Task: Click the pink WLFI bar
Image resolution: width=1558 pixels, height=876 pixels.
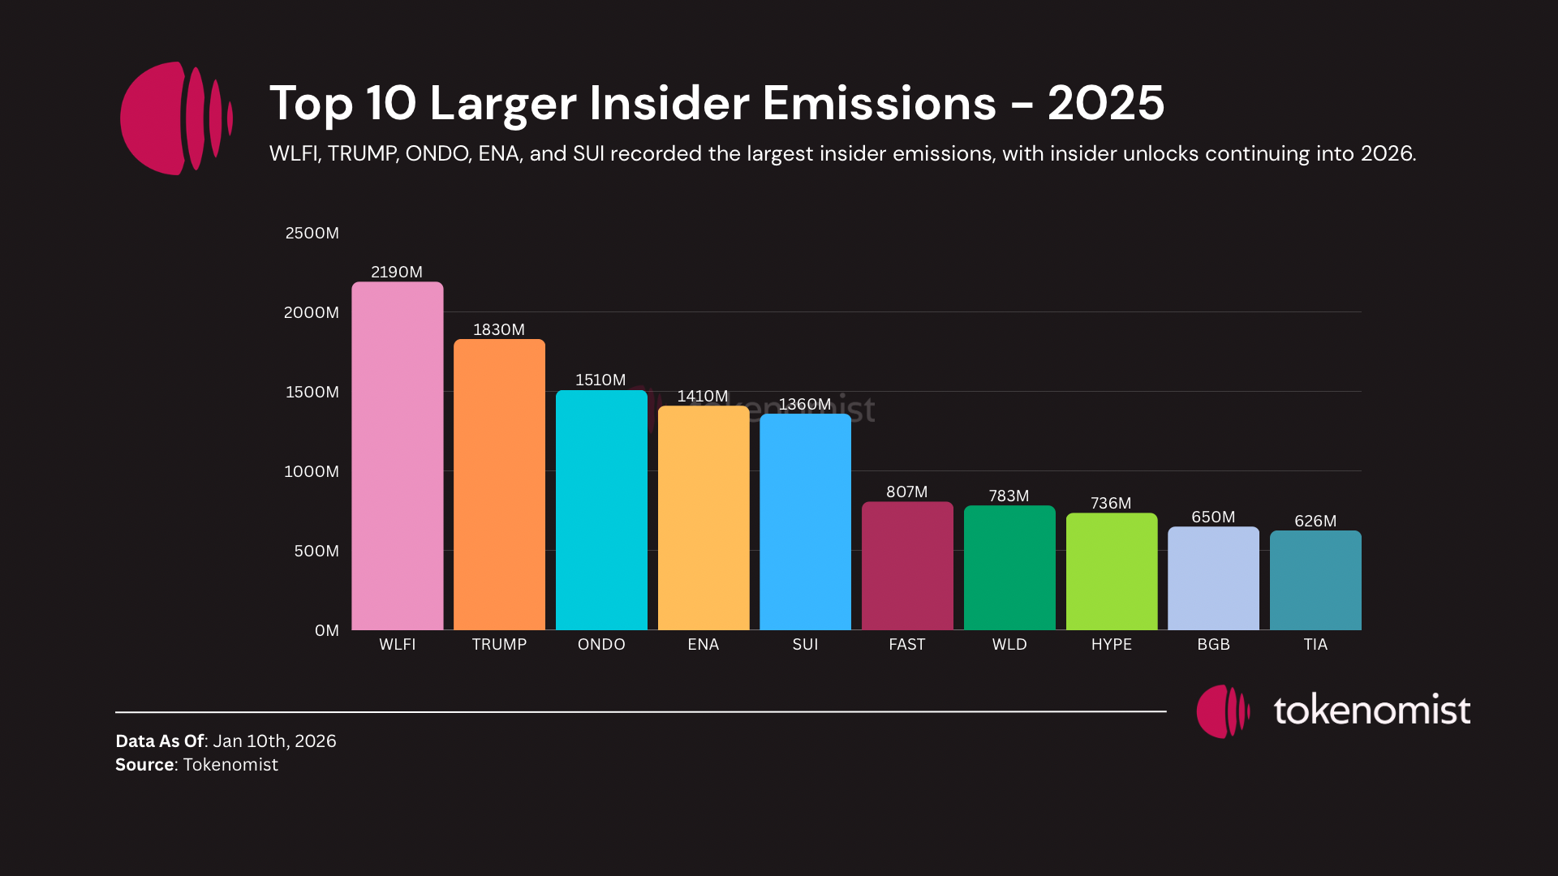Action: [397, 456]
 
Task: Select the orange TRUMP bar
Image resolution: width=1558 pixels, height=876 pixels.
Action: [499, 484]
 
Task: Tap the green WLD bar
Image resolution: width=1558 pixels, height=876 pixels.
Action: [1009, 568]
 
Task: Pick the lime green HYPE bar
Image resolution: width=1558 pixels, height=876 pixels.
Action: [1112, 571]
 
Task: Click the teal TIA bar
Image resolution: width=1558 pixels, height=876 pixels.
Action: [1315, 580]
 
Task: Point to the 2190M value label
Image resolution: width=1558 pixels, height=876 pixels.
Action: [397, 272]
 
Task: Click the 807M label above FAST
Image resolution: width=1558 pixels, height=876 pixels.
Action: [906, 492]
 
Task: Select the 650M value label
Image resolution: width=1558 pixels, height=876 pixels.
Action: [1213, 517]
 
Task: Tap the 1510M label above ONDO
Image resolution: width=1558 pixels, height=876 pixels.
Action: [600, 380]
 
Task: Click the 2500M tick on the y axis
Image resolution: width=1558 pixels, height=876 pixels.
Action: [312, 233]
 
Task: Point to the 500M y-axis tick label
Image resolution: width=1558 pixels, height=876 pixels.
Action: [316, 551]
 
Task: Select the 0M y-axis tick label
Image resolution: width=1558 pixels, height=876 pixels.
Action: [327, 630]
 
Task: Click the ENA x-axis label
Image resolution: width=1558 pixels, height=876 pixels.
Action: [703, 644]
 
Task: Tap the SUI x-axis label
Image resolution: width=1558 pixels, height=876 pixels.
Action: [805, 644]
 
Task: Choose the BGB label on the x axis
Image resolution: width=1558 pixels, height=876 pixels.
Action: [1213, 644]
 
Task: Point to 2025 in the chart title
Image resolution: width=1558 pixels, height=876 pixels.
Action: [1105, 103]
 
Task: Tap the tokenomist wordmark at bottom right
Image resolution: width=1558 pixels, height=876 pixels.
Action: [1371, 710]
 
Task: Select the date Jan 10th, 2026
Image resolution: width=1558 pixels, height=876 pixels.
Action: [274, 741]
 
